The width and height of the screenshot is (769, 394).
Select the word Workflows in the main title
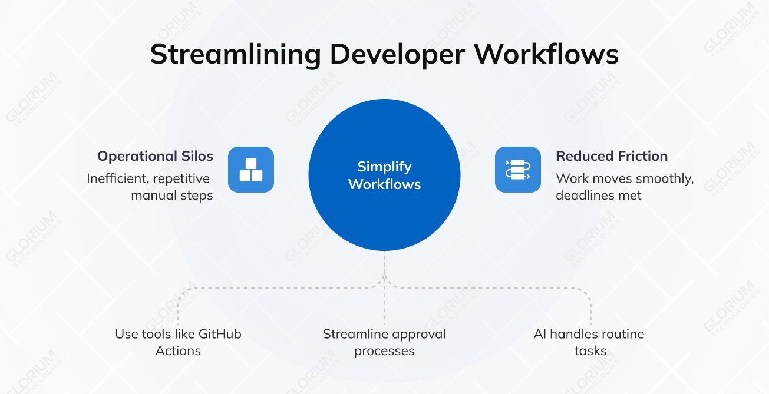[x=547, y=55]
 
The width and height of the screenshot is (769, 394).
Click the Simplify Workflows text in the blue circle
[x=384, y=176]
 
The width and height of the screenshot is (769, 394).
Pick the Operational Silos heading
[x=155, y=156]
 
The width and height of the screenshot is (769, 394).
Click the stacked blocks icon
[x=251, y=170]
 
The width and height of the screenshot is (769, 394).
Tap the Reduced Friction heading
[x=612, y=156]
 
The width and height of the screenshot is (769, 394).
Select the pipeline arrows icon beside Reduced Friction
[x=517, y=170]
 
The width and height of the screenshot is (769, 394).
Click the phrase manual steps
[x=172, y=195]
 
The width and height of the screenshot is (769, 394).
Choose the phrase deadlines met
[x=599, y=195]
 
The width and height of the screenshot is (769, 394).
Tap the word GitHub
[x=220, y=334]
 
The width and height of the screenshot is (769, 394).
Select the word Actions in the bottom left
[x=178, y=350]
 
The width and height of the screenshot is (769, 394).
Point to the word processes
[x=384, y=350]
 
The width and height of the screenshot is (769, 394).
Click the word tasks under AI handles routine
[x=590, y=350]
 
